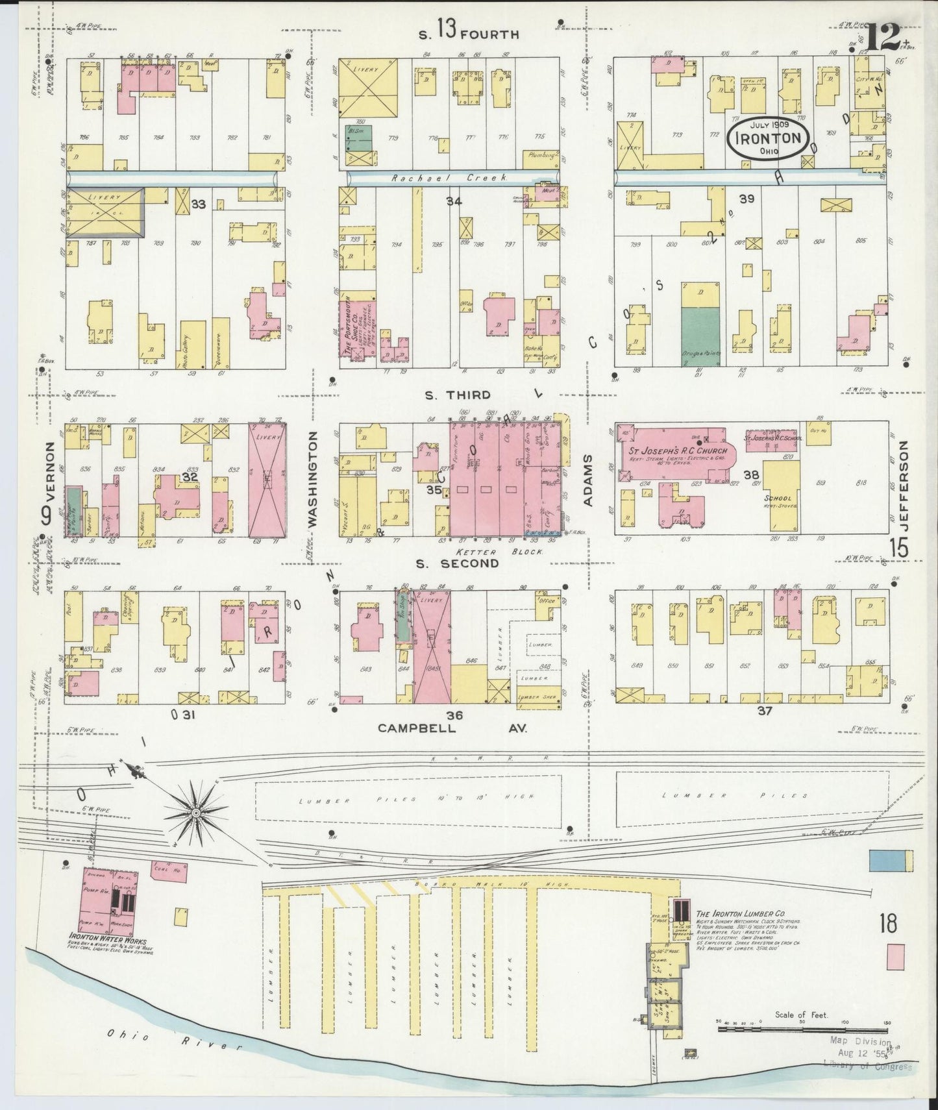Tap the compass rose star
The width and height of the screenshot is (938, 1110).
(x=195, y=811)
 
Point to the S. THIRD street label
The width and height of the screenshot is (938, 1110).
(x=458, y=395)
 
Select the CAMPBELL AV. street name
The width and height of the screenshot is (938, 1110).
(x=452, y=728)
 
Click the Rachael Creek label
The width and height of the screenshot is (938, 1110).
(x=449, y=177)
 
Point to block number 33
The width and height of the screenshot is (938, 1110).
(x=198, y=204)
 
